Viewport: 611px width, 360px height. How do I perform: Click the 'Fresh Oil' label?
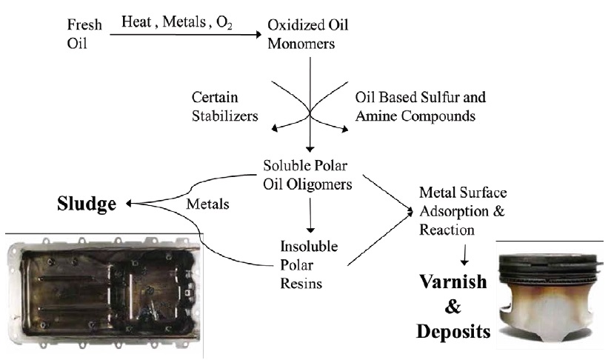[84, 34]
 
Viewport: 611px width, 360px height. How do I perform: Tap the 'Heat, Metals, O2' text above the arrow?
[177, 22]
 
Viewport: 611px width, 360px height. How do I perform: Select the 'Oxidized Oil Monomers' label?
[307, 34]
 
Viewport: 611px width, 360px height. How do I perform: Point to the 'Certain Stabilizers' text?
[224, 107]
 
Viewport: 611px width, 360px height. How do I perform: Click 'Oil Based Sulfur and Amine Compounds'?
[421, 107]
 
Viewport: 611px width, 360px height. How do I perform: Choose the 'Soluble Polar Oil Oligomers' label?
[307, 175]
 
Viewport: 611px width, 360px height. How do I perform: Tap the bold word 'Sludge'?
[87, 204]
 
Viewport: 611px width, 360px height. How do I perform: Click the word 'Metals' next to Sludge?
[207, 204]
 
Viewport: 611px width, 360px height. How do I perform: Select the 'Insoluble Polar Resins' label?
[309, 265]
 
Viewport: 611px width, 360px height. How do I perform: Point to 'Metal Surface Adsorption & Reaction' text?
[463, 211]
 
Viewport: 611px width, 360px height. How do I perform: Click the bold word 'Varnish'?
[453, 281]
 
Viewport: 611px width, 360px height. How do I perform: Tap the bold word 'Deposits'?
[453, 332]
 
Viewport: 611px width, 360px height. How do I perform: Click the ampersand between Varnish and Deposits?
[453, 307]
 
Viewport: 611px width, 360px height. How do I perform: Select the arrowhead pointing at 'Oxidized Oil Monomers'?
[258, 34]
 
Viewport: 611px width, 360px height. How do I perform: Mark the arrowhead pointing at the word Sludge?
[129, 203]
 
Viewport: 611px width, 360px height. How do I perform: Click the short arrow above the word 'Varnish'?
[464, 255]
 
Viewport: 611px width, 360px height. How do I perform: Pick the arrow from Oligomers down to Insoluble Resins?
[310, 216]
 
